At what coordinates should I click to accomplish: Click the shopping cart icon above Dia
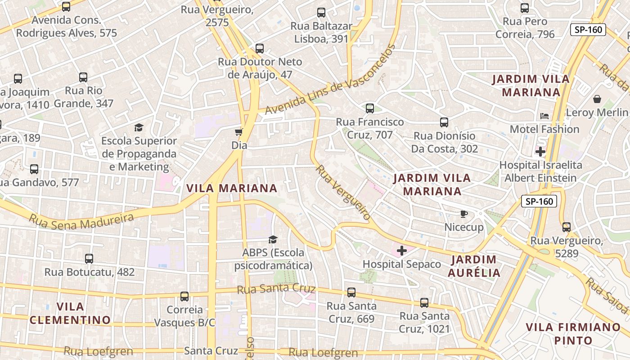238,132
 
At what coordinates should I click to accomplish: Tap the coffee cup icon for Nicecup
464,214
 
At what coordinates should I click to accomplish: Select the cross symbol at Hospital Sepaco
402,251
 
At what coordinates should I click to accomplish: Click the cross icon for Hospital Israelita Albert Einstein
540,152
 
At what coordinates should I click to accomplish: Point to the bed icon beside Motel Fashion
544,116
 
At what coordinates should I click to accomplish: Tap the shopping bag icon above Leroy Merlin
597,99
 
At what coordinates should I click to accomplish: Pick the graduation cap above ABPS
273,239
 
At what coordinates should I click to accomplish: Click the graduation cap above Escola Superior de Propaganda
139,127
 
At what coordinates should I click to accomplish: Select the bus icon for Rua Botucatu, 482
89,259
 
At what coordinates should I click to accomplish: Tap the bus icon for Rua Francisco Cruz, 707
370,108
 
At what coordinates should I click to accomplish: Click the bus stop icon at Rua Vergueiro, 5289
567,227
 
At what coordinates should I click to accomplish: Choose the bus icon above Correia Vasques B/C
184,297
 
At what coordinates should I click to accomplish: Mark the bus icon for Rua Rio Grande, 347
83,77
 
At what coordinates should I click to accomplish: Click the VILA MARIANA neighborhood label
232,188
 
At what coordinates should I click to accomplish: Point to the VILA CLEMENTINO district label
70,313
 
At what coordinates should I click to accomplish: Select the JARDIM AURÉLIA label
474,266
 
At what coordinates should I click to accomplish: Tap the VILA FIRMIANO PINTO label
573,333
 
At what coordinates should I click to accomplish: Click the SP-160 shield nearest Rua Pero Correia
588,30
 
